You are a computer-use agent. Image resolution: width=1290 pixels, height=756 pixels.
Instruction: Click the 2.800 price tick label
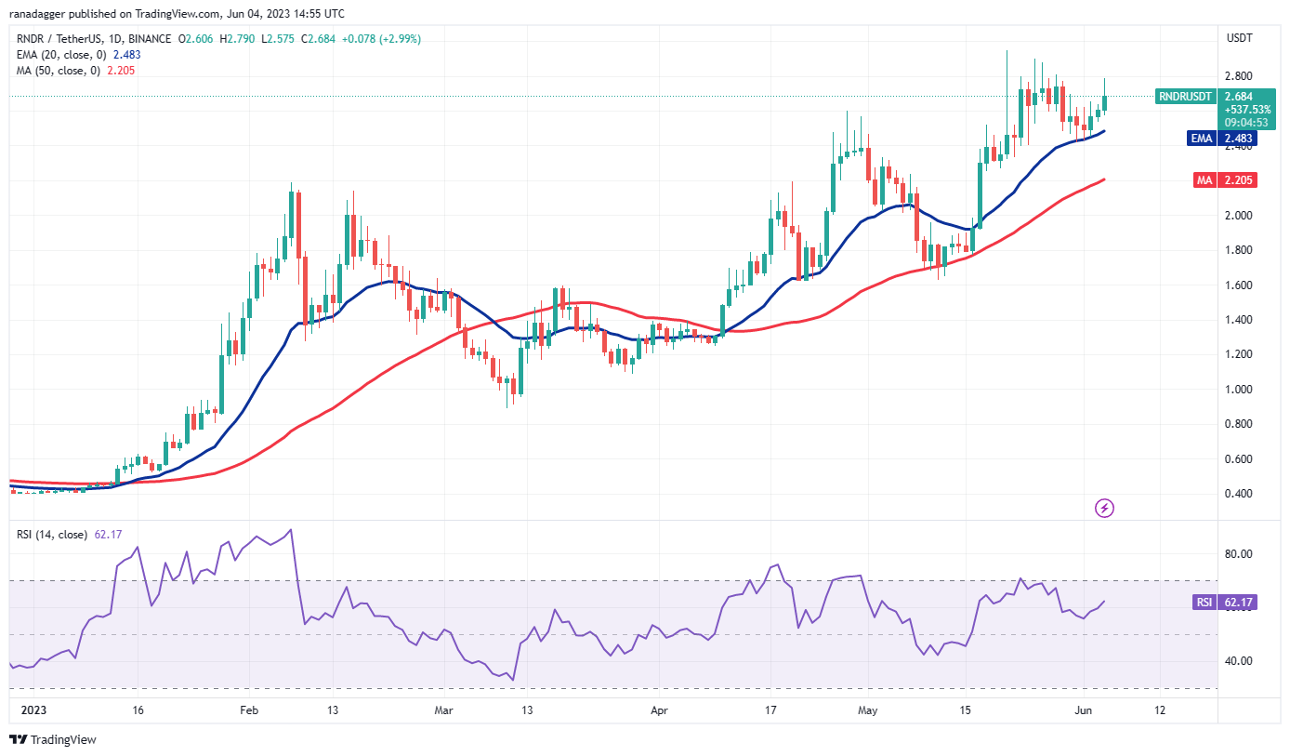(1238, 76)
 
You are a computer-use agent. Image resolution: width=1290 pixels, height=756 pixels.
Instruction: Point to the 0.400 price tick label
(1238, 494)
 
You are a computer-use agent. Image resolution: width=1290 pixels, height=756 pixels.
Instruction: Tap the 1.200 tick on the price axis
(1238, 354)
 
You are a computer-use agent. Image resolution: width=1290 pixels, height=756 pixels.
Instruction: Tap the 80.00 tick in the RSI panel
(1239, 554)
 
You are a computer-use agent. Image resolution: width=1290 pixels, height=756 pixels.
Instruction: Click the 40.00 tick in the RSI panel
(1239, 661)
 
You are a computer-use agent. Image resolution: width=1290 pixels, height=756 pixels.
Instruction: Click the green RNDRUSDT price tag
(1185, 96)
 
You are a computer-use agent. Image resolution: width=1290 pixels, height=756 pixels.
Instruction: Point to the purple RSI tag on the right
(1204, 603)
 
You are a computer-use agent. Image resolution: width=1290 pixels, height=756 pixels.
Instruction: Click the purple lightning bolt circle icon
(1105, 508)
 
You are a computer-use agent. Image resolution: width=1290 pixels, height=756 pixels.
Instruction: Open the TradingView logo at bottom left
(53, 739)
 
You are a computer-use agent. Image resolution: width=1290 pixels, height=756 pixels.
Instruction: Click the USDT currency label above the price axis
(1240, 39)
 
